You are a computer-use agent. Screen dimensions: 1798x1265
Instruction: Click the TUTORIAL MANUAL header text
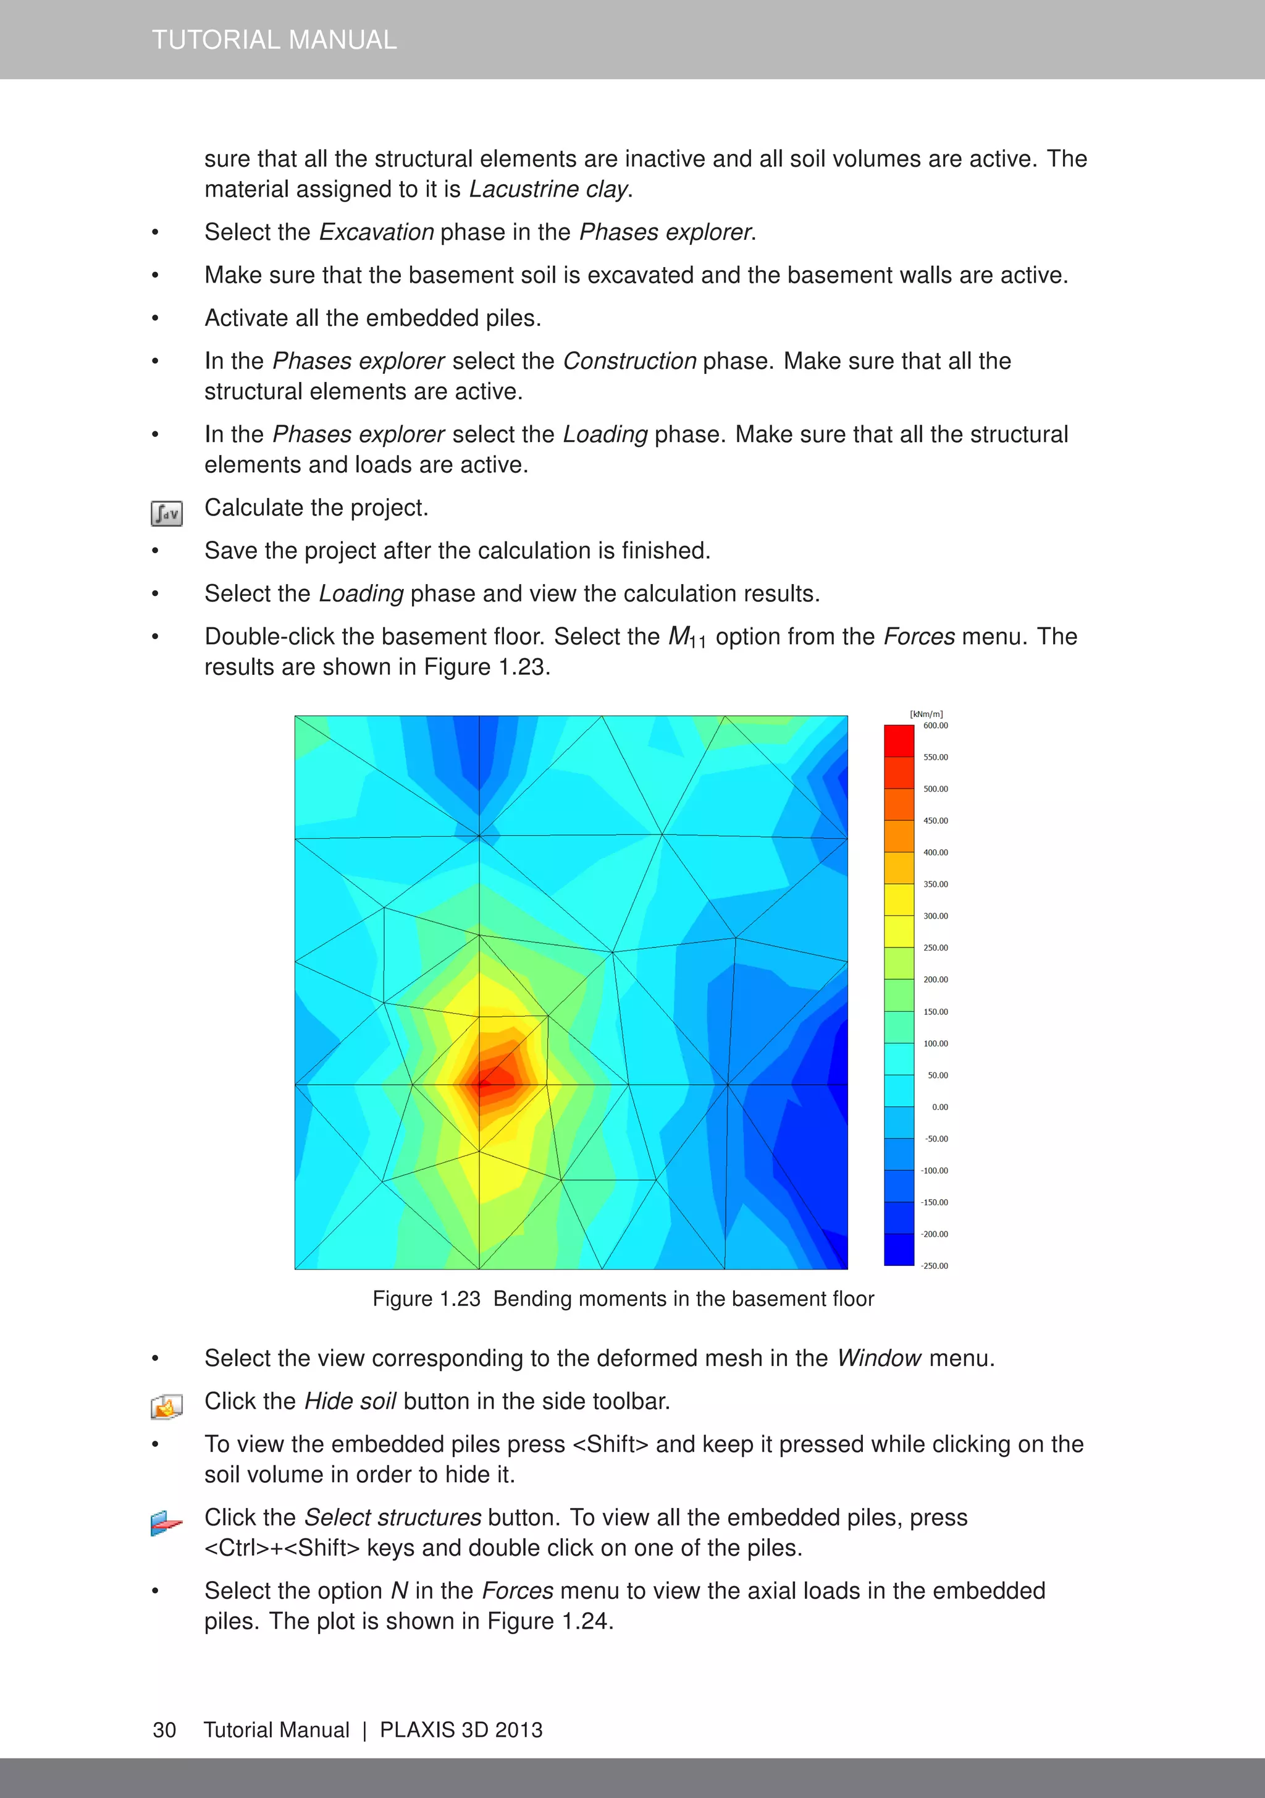(274, 39)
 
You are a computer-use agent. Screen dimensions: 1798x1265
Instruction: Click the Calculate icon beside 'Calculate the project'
(167, 514)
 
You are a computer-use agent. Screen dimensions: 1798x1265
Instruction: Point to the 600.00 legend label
(935, 726)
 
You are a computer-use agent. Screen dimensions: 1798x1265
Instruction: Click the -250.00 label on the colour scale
(934, 1265)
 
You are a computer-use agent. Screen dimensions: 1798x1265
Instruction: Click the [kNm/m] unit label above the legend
(926, 714)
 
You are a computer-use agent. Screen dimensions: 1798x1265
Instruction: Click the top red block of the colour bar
(899, 741)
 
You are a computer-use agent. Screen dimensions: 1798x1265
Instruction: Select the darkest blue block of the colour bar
(899, 1249)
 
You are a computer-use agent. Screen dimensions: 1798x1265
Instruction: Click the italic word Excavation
(377, 232)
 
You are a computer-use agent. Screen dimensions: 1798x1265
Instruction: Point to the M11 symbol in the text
(686, 637)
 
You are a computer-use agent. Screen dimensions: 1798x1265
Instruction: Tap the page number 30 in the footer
(164, 1730)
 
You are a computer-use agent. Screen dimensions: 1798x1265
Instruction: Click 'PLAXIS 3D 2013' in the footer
(461, 1730)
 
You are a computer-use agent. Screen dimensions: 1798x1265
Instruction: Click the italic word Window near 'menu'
(878, 1359)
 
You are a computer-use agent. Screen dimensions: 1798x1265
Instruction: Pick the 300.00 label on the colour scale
(935, 916)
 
